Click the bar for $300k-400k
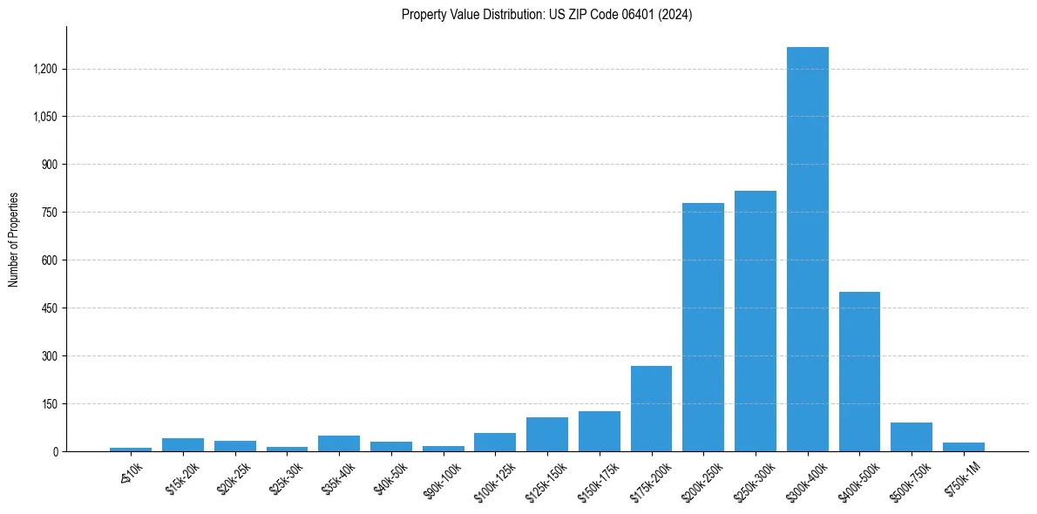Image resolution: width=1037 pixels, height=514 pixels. point(807,249)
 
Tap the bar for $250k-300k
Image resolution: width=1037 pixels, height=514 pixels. point(755,321)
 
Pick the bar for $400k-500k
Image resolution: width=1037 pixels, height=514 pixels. point(859,371)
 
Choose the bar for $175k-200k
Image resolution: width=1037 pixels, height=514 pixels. point(651,409)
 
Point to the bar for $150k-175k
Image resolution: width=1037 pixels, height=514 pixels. point(599,431)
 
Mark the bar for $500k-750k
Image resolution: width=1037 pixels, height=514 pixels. point(911,436)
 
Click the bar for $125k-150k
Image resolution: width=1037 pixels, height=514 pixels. point(546,434)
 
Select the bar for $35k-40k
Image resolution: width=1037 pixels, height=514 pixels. point(338,443)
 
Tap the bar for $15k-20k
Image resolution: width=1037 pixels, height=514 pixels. point(182,444)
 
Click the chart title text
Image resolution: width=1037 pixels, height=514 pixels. point(546,15)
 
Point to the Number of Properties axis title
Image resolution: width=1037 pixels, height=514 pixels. point(14,240)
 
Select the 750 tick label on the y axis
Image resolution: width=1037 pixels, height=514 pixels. point(50,213)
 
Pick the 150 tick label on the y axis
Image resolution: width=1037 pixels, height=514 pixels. point(50,404)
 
